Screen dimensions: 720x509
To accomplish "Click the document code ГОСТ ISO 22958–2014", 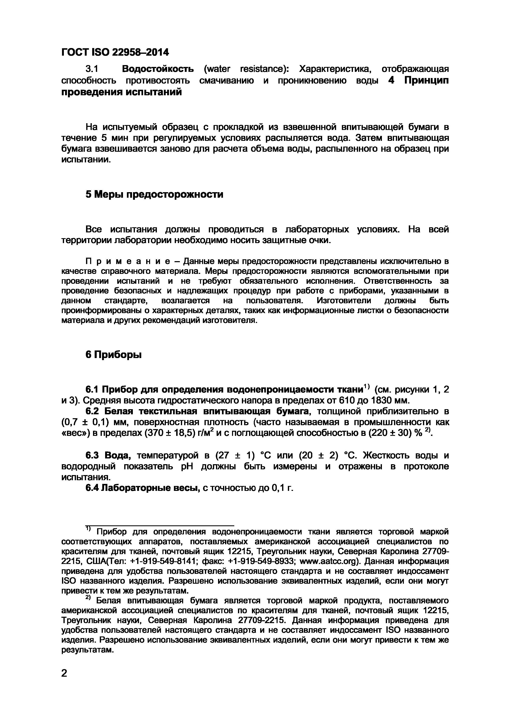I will point(115,52).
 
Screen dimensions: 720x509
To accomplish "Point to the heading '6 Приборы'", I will point(114,355).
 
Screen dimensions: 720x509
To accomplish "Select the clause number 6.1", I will point(93,389).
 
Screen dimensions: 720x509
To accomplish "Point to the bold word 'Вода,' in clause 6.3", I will point(119,455).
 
